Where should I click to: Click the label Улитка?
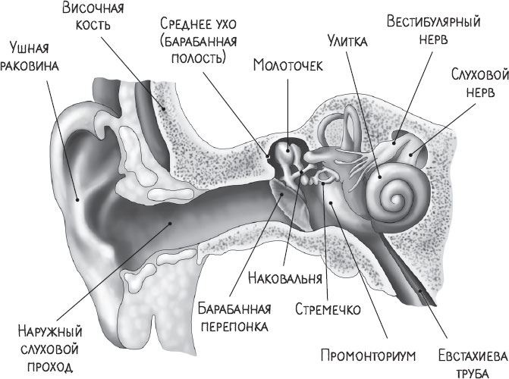pyautogui.click(x=347, y=41)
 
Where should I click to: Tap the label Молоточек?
pyautogui.click(x=288, y=65)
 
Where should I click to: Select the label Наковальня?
pyautogui.click(x=285, y=278)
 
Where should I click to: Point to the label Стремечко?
pyautogui.click(x=328, y=309)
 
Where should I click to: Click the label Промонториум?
pyautogui.click(x=368, y=356)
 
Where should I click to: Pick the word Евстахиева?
pyautogui.click(x=473, y=356)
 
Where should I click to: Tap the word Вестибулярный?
pyautogui.click(x=433, y=22)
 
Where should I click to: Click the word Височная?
pyautogui.click(x=93, y=8)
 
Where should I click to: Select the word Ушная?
pyautogui.click(x=30, y=48)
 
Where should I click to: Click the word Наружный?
pyautogui.click(x=50, y=332)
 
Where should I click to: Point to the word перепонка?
pyautogui.click(x=234, y=326)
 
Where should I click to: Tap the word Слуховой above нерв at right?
pyautogui.click(x=479, y=74)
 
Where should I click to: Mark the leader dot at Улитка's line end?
pyautogui.click(x=379, y=177)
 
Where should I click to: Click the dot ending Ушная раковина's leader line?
pyautogui.click(x=77, y=199)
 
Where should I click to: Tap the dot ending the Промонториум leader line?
pyautogui.click(x=331, y=203)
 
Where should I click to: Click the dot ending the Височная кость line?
pyautogui.click(x=164, y=108)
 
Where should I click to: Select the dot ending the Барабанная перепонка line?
pyautogui.click(x=282, y=194)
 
